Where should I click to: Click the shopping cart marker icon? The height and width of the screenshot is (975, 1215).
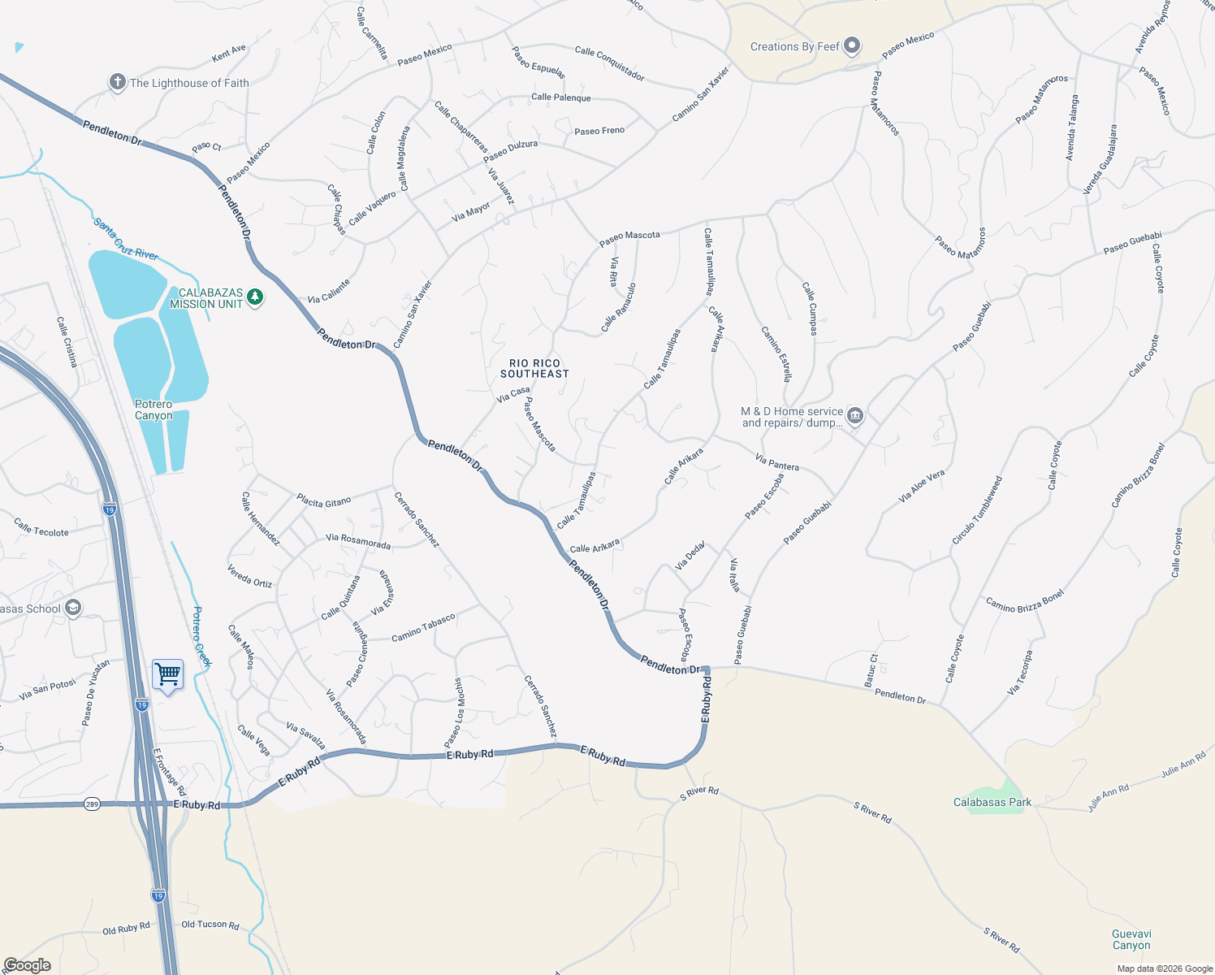coord(167,674)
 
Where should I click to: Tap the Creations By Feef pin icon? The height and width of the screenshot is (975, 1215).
coord(852,45)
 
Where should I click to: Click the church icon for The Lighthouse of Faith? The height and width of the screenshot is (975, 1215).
coord(118,82)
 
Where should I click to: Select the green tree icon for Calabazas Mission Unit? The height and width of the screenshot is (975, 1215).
coord(256,297)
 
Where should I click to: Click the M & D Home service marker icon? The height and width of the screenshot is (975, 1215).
coord(855,416)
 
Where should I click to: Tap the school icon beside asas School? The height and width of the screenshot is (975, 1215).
coord(73,609)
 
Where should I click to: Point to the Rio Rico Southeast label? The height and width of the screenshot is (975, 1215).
coord(534,369)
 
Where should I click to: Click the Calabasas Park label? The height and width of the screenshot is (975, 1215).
coord(992,802)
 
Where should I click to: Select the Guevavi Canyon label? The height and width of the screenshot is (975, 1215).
coord(1131,939)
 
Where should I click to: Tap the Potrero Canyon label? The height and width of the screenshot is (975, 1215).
coord(153,409)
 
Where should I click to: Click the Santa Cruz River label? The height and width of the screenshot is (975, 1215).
coord(125,239)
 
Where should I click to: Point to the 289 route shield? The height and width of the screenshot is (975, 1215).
coord(93,804)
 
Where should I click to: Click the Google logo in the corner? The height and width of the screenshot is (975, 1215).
coord(27,965)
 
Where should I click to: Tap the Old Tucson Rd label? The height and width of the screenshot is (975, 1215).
coord(210,925)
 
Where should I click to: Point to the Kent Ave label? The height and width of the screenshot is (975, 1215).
coord(228,54)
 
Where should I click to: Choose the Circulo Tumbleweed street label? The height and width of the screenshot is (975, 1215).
coord(977,511)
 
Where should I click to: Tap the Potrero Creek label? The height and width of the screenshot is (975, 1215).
coord(201,636)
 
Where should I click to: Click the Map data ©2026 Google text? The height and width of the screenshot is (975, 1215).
coord(1165,968)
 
